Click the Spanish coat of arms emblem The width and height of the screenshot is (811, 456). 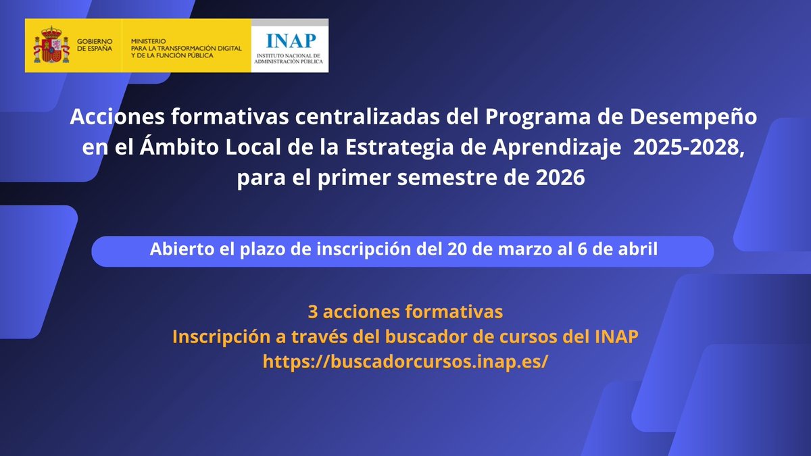(51, 45)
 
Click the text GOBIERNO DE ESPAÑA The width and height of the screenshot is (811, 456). (95, 45)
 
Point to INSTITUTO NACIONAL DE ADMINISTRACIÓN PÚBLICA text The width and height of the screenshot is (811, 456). (289, 58)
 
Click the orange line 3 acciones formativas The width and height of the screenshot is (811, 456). (405, 313)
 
